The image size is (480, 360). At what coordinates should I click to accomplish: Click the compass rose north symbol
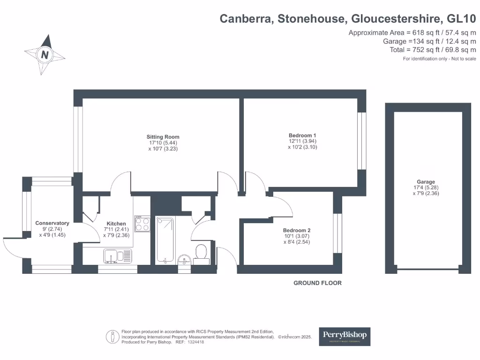[45, 55]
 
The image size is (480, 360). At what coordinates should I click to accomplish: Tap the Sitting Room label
[163, 137]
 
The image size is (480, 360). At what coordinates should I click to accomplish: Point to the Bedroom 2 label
[297, 231]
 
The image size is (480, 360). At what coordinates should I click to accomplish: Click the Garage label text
[426, 182]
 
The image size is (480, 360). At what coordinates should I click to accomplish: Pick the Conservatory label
[52, 223]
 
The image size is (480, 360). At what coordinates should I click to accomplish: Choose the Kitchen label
[116, 224]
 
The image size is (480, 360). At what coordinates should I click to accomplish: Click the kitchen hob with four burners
[142, 224]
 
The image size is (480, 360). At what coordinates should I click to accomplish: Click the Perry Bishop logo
[345, 336]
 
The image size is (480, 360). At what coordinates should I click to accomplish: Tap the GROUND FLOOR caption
[317, 283]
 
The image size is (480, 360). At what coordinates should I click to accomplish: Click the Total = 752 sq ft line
[433, 50]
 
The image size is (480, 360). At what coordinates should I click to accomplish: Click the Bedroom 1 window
[361, 141]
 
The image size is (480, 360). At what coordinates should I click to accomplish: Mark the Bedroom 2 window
[336, 233]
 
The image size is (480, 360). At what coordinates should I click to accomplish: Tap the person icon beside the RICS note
[112, 337]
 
